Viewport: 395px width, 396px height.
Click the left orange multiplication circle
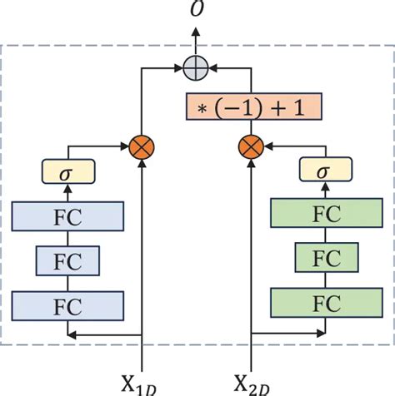click(144, 149)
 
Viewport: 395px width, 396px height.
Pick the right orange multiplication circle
click(251, 149)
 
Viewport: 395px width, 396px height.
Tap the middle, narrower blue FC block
click(68, 260)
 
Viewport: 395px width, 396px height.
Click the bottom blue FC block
click(68, 304)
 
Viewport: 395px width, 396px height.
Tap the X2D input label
click(251, 383)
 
